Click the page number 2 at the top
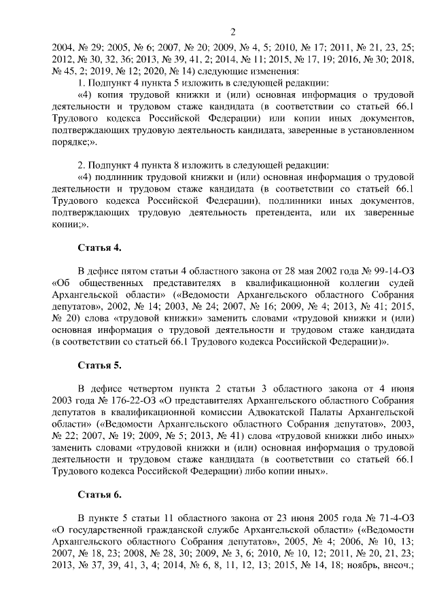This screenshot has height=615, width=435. (232, 32)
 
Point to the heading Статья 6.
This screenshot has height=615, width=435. (99, 495)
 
